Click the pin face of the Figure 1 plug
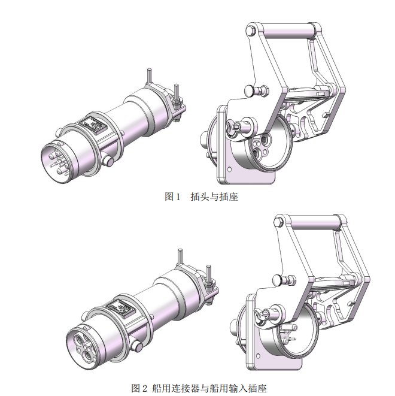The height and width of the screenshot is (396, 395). click(56, 161)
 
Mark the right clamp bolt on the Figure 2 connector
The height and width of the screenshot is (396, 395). click(208, 276)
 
